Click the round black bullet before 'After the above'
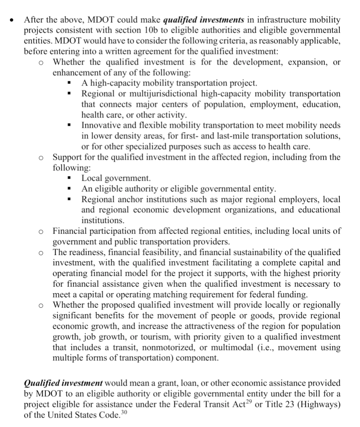pyautogui.click(x=12, y=20)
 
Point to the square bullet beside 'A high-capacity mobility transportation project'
pyautogui.click(x=69, y=83)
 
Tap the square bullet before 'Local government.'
pyautogui.click(x=69, y=179)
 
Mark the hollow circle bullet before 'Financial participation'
pyautogui.click(x=41, y=231)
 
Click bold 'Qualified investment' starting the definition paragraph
pyautogui.click(x=63, y=383)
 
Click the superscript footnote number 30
pyautogui.click(x=124, y=412)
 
